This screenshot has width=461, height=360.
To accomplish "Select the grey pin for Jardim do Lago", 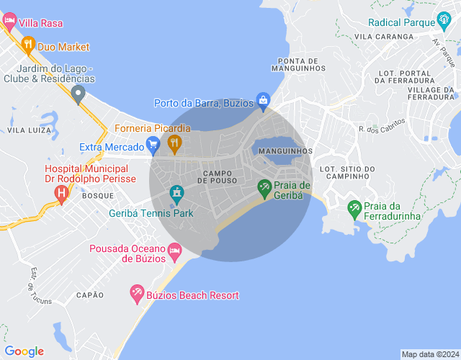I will pyautogui.click(x=79, y=93).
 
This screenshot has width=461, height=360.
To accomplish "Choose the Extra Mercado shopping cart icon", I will pyautogui.click(x=153, y=146).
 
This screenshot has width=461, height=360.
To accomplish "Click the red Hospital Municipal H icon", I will pyautogui.click(x=62, y=193).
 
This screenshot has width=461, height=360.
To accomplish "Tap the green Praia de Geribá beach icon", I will pyautogui.click(x=264, y=187).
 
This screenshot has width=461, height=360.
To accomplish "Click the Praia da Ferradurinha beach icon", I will pyautogui.click(x=354, y=209).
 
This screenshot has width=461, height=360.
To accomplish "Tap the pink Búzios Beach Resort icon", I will pyautogui.click(x=136, y=294).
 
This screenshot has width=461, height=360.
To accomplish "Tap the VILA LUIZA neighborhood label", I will pyautogui.click(x=29, y=130).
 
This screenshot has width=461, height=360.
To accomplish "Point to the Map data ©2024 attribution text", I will pyautogui.click(x=429, y=354).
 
